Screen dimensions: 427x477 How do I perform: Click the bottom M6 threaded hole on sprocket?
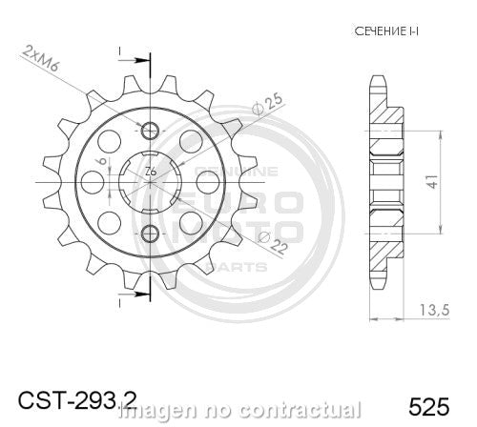(x=150, y=234)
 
